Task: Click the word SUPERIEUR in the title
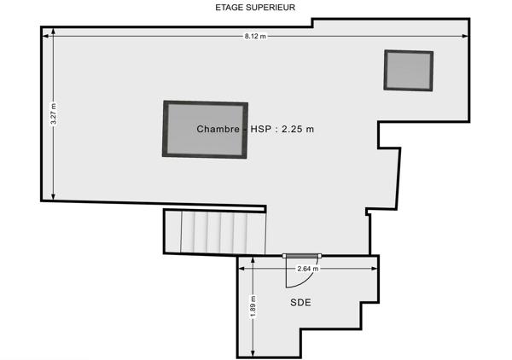pos(271,8)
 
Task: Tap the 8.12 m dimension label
pos(255,36)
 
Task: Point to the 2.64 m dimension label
pos(307,269)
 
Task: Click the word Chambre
pos(218,130)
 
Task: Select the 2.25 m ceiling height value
pos(298,130)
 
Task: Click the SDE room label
pos(300,303)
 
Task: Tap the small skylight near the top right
pos(409,70)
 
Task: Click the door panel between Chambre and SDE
pos(302,255)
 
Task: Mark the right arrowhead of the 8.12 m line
pos(467,36)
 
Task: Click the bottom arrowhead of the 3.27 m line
pos(54,197)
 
